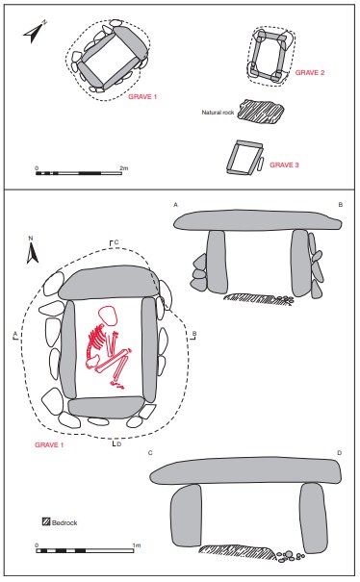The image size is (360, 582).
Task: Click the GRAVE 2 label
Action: click(x=310, y=73)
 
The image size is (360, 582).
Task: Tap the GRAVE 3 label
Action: click(x=284, y=164)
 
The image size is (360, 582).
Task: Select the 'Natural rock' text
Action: click(x=218, y=113)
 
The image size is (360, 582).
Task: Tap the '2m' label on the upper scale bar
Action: click(x=124, y=168)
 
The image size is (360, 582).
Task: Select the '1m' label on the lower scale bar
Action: click(x=137, y=545)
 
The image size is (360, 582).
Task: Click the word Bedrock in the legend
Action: click(x=64, y=522)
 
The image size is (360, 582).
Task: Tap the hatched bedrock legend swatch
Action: click(x=46, y=521)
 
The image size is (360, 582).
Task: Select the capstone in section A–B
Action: click(x=258, y=220)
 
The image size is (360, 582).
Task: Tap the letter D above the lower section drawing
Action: click(x=339, y=453)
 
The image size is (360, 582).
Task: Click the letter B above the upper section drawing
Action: click(x=341, y=205)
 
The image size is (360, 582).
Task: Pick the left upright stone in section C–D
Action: click(x=186, y=516)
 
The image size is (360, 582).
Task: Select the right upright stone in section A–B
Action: click(x=300, y=263)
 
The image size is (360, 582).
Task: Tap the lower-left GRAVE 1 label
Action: click(x=49, y=444)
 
